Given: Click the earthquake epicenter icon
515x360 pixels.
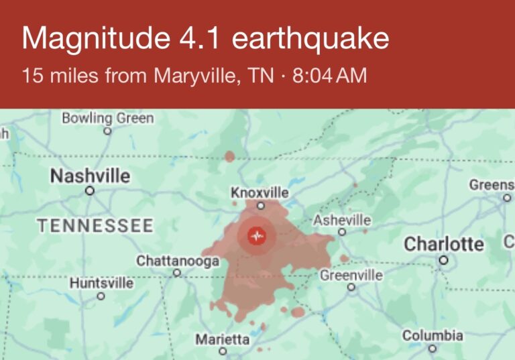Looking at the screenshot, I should (x=256, y=235).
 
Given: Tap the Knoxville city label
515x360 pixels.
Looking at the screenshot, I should (x=260, y=193).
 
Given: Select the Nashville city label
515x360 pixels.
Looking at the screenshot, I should (x=90, y=176).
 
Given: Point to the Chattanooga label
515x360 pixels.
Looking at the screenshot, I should (x=178, y=261).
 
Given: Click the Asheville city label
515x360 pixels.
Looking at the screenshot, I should (x=342, y=220).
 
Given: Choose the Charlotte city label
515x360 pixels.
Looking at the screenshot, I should (x=443, y=244).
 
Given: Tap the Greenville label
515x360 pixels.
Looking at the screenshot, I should (x=351, y=275).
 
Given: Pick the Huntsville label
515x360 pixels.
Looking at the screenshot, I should (x=101, y=284).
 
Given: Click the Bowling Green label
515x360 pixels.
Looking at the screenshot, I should (x=107, y=119).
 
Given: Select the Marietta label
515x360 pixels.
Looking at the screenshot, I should (x=223, y=339).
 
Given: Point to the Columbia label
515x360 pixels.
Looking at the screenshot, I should (x=433, y=335).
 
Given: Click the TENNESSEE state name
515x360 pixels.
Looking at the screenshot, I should (x=95, y=226).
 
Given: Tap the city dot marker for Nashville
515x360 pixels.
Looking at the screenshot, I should (x=90, y=190).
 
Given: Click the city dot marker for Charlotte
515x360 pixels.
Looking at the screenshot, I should (x=443, y=259).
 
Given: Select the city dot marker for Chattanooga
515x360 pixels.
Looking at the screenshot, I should (x=177, y=273).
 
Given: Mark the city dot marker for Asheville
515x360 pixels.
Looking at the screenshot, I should (x=342, y=232).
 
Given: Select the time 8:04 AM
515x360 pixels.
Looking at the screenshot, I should (x=330, y=76).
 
